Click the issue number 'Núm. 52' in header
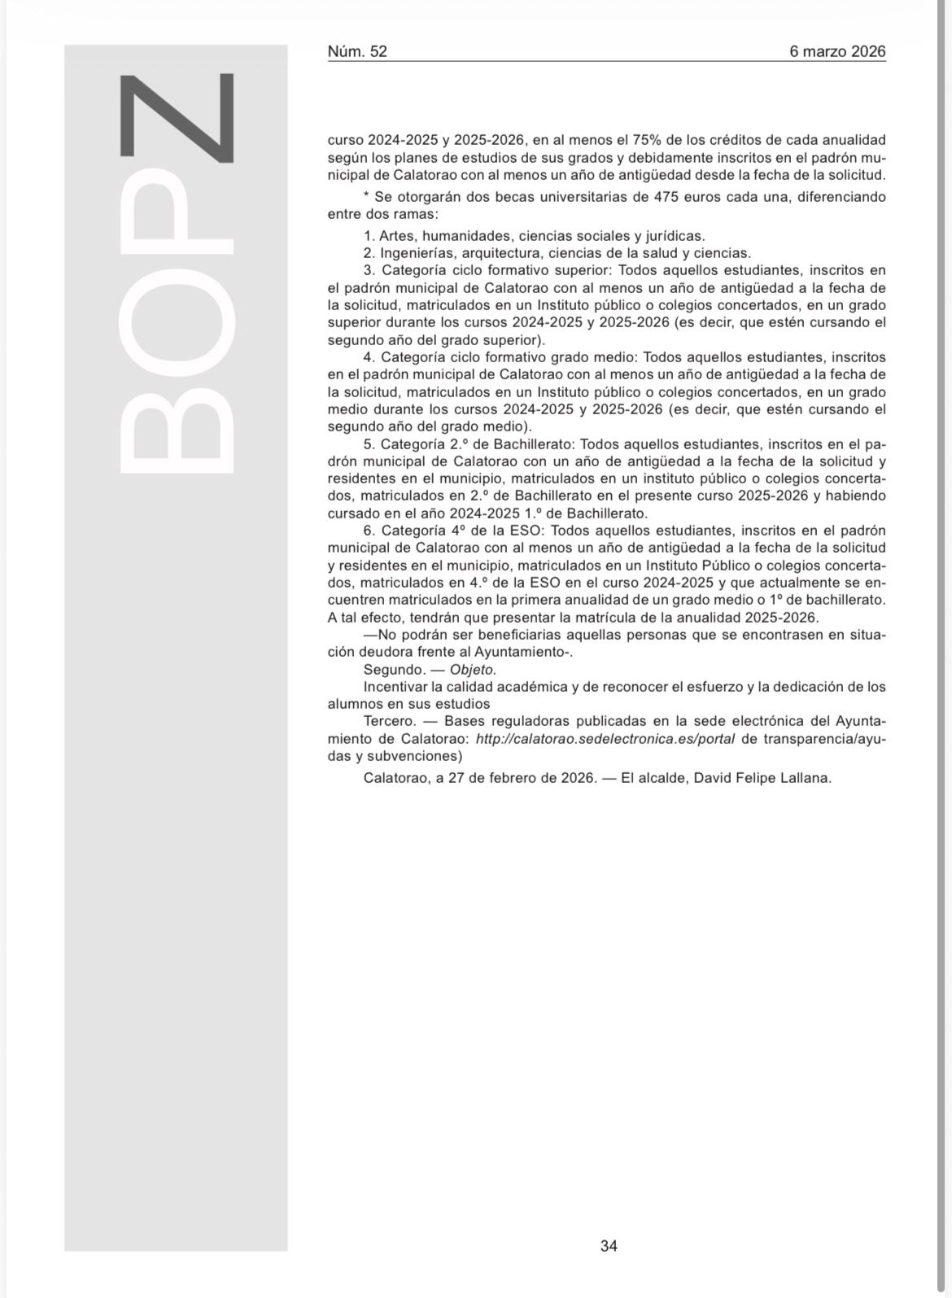point(357,51)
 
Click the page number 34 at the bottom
point(609,1245)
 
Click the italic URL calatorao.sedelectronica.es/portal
point(605,739)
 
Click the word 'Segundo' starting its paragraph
point(394,670)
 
